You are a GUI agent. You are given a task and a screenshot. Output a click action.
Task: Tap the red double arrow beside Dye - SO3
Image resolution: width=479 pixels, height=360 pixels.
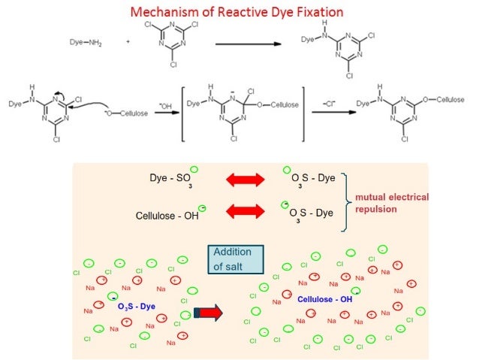pos(245,180)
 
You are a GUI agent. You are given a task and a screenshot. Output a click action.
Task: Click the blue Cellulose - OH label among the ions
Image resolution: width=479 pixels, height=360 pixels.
pos(324,299)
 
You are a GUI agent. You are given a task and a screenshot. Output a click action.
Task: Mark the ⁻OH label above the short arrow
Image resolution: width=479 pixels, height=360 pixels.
pos(166,107)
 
